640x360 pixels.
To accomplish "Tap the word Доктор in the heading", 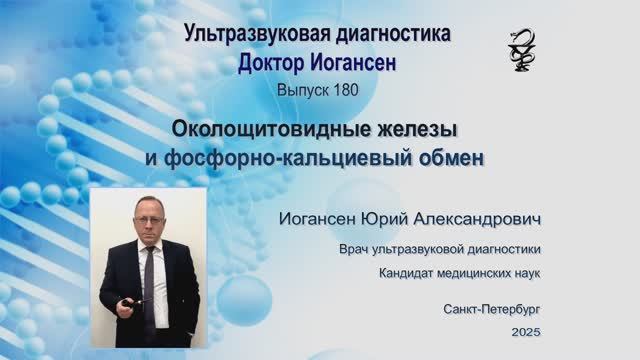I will (x=274, y=63).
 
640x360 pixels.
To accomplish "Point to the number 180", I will (x=336, y=89).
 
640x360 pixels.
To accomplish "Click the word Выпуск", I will (x=298, y=89).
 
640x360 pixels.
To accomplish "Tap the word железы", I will (x=405, y=130).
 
